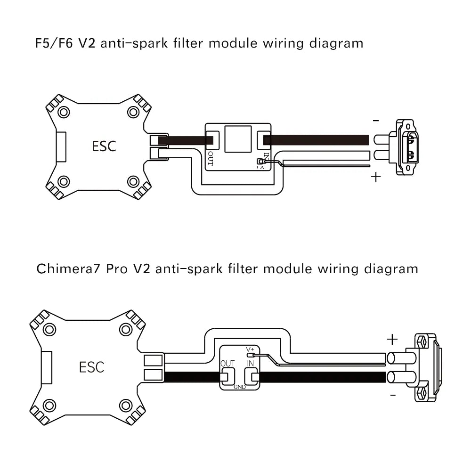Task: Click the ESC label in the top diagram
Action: click(x=104, y=146)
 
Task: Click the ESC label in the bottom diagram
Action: click(x=92, y=367)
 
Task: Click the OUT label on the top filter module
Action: click(x=211, y=159)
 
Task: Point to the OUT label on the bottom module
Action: click(x=227, y=364)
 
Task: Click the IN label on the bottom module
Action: click(x=251, y=364)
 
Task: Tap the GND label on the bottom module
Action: click(x=239, y=387)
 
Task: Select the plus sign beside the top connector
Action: click(x=375, y=178)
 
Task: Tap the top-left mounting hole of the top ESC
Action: click(x=63, y=112)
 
